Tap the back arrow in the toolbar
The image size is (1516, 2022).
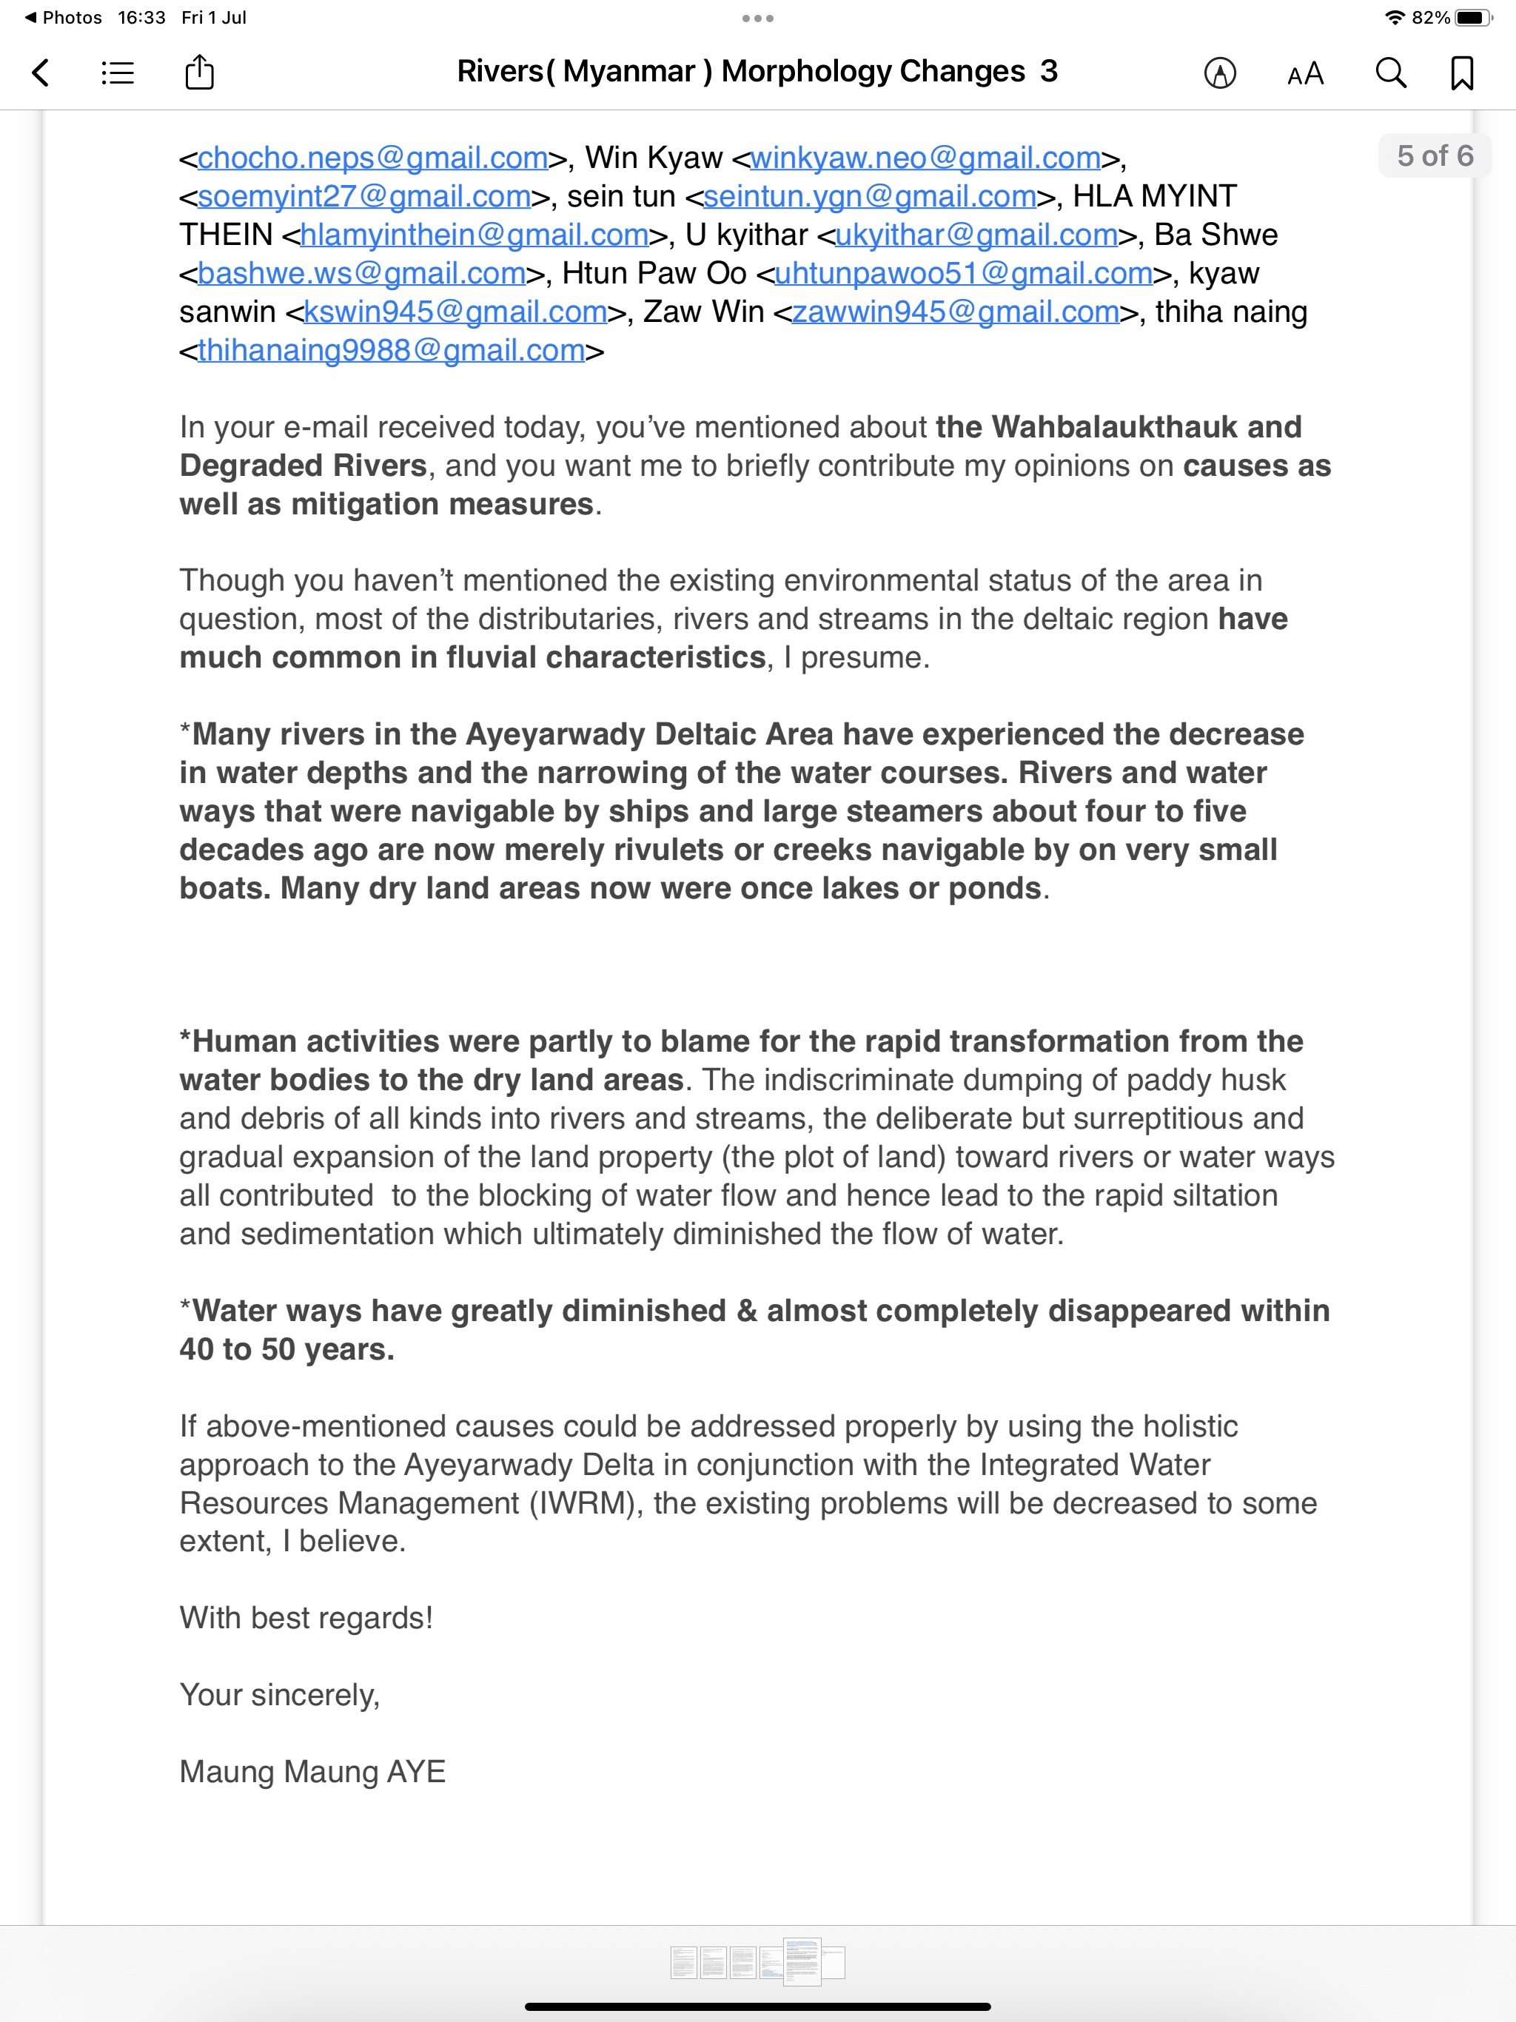pyautogui.click(x=40, y=73)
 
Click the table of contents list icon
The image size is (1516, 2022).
pyautogui.click(x=118, y=73)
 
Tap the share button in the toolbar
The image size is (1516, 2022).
pyautogui.click(x=199, y=73)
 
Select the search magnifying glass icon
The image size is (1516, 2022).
pyautogui.click(x=1391, y=73)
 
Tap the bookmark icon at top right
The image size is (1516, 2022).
pyautogui.click(x=1462, y=73)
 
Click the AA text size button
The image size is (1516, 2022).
pyautogui.click(x=1305, y=73)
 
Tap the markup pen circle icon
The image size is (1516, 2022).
pyautogui.click(x=1220, y=73)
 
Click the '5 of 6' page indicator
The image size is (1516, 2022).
pyautogui.click(x=1434, y=155)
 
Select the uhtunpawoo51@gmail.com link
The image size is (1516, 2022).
pyautogui.click(x=964, y=272)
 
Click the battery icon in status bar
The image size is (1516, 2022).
pyautogui.click(x=1474, y=17)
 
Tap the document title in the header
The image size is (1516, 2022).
pyautogui.click(x=757, y=71)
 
